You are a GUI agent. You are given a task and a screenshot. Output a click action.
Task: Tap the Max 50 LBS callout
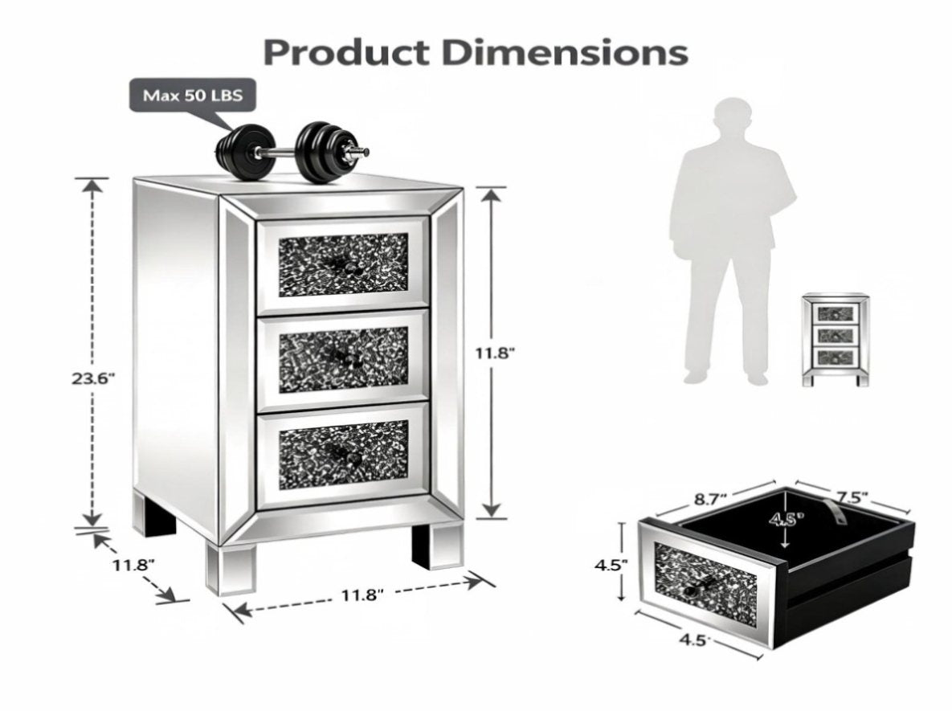click(193, 96)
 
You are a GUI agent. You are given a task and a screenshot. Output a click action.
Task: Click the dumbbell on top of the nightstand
click(292, 152)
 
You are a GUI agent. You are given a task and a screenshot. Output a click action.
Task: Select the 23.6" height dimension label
click(93, 378)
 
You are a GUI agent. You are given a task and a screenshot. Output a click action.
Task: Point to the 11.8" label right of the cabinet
click(496, 352)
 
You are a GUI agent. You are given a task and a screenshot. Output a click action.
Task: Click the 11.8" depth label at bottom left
click(133, 565)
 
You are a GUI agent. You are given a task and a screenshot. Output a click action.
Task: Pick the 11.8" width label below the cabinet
click(362, 595)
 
